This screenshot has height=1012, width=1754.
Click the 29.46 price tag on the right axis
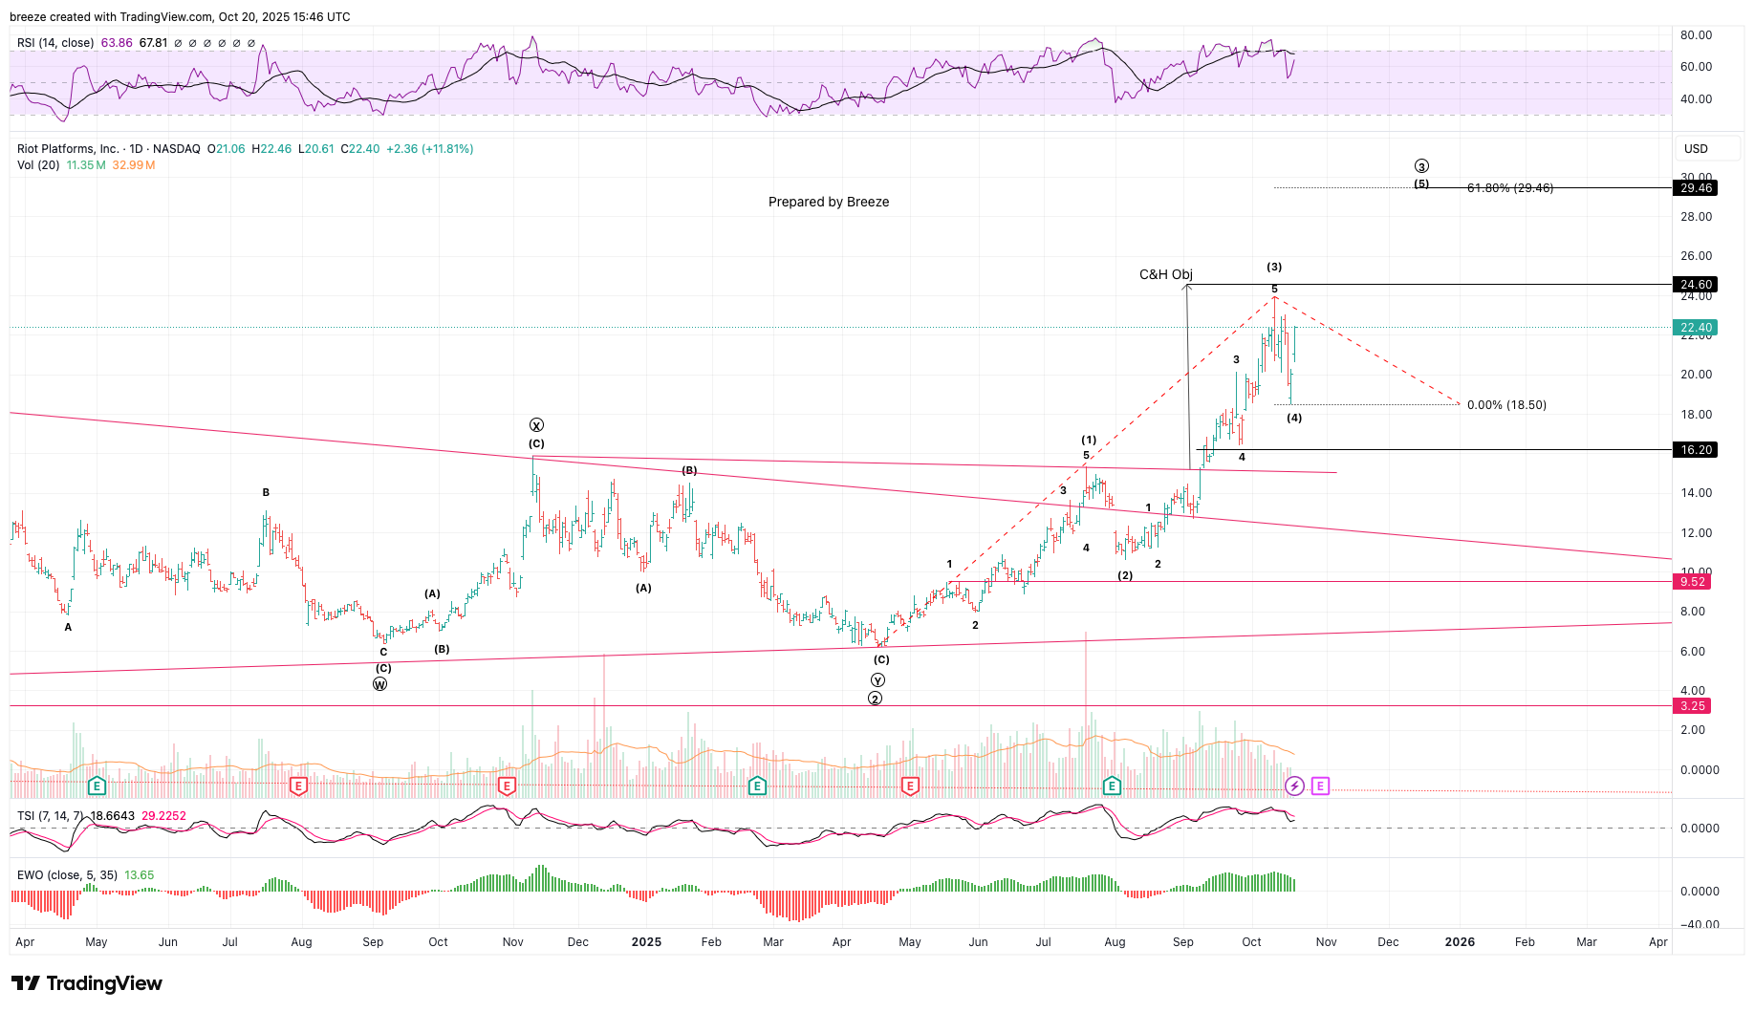(x=1697, y=188)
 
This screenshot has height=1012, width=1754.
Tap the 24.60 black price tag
(x=1697, y=285)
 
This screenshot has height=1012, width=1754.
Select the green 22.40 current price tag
(x=1697, y=328)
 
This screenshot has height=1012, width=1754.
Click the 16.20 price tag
(x=1697, y=450)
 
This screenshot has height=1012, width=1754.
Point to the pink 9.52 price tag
(x=1693, y=582)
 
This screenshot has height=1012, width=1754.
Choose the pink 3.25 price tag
(x=1693, y=706)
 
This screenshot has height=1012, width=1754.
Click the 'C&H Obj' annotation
(x=1165, y=275)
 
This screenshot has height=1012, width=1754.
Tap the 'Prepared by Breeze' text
(x=829, y=203)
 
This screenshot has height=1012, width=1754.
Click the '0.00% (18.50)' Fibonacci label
(x=1506, y=405)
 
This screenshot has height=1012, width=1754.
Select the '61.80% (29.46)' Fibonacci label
(x=1510, y=188)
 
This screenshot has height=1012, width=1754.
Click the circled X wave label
(x=536, y=425)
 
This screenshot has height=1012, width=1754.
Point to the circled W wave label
(x=380, y=684)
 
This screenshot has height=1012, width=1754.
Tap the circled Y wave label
(x=877, y=680)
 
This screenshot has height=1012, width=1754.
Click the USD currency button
(x=1696, y=149)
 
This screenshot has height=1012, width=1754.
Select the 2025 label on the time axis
(x=646, y=942)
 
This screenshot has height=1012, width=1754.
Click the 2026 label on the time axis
(x=1460, y=942)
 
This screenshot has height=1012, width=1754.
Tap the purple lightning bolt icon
(x=1294, y=786)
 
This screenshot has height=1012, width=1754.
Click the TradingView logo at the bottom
(x=87, y=983)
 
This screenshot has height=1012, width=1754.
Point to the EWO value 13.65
(x=140, y=875)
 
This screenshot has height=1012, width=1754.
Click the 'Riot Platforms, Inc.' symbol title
(x=68, y=149)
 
